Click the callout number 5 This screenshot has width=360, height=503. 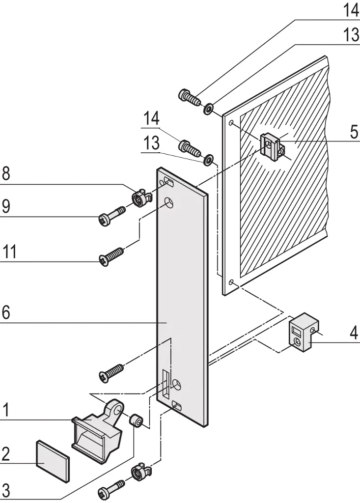[x=354, y=132]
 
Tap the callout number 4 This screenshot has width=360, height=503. [x=354, y=333]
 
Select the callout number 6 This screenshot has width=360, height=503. [x=6, y=312]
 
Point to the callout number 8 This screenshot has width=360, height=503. [x=6, y=173]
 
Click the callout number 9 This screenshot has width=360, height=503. [x=6, y=206]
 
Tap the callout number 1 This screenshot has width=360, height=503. [x=6, y=410]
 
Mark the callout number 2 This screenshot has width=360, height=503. [x=6, y=454]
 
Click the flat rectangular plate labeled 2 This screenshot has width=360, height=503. [x=53, y=461]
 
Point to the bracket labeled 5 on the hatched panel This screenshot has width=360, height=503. [x=272, y=146]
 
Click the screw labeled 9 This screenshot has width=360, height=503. [x=111, y=216]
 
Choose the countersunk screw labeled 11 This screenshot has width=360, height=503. [x=111, y=257]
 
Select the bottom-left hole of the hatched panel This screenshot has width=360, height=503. [x=231, y=282]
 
